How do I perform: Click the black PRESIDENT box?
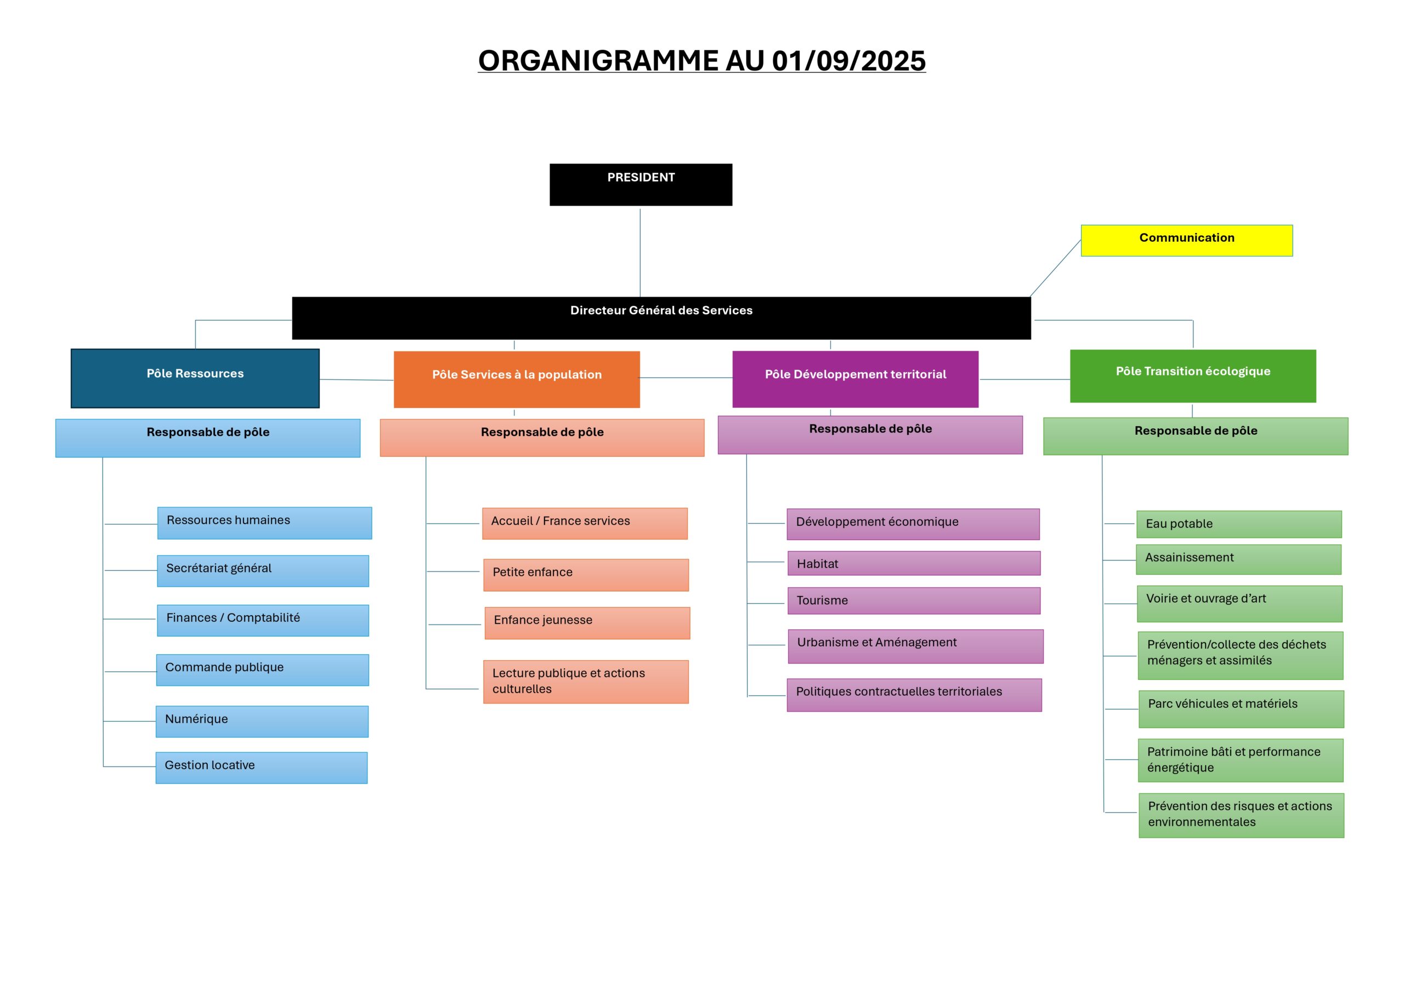click(641, 184)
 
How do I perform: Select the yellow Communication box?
click(1186, 240)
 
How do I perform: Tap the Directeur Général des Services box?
click(661, 318)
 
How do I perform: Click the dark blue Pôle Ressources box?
click(195, 378)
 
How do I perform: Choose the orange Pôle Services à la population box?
click(517, 379)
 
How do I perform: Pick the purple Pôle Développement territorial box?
click(855, 378)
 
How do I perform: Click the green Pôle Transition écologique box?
click(1192, 376)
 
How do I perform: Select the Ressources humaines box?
click(264, 523)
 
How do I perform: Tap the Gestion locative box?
click(261, 768)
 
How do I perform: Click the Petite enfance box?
click(586, 575)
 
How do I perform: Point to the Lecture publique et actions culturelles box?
click(585, 681)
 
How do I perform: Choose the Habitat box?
click(914, 563)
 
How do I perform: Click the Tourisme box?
click(914, 600)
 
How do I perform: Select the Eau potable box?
click(1238, 524)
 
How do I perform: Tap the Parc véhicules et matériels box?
click(1241, 708)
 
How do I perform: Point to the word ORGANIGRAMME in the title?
click(598, 61)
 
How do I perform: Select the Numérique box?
click(262, 722)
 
